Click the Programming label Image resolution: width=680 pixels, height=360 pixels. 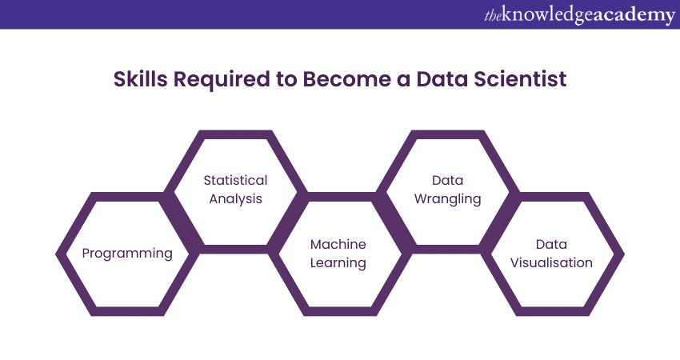point(127,254)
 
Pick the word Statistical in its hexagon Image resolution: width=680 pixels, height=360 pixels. point(235,181)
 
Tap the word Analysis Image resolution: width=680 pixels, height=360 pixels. point(235,198)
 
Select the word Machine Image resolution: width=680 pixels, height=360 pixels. point(338,244)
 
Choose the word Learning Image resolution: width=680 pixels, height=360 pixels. point(338,262)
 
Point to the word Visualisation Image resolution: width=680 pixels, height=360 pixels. point(552,262)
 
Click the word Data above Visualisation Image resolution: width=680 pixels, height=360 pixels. point(552,244)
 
